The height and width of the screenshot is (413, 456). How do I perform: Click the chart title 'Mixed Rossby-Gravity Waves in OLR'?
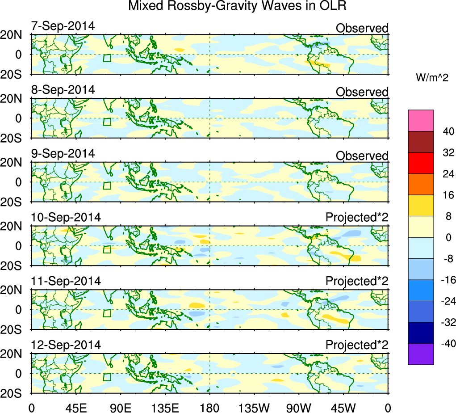(x=237, y=6)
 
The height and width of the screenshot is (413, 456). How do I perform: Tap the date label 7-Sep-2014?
(x=63, y=26)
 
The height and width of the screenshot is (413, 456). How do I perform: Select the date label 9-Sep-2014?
(x=63, y=153)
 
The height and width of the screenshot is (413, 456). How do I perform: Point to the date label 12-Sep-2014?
(x=66, y=345)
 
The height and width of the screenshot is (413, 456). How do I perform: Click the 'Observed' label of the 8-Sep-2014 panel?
(x=362, y=92)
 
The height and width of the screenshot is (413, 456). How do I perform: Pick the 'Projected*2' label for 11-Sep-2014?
(x=357, y=282)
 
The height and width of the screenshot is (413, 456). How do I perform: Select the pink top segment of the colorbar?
(x=421, y=121)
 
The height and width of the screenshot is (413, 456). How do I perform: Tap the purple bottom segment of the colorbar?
(x=421, y=354)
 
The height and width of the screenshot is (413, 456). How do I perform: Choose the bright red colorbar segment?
(x=421, y=163)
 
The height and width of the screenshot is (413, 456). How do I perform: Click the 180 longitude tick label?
(x=210, y=407)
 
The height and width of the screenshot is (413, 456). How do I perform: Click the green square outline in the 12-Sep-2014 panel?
(x=107, y=377)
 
